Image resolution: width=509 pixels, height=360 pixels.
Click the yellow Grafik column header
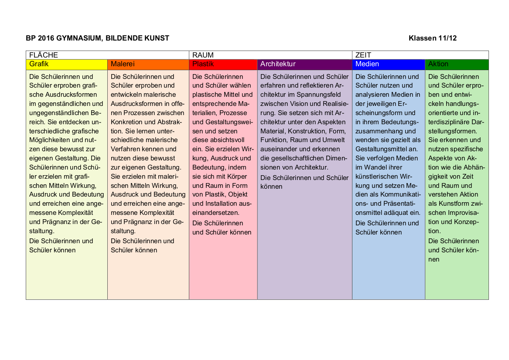coord(67,65)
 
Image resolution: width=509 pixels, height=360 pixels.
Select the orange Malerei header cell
coord(148,65)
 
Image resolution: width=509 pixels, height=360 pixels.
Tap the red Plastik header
coord(223,65)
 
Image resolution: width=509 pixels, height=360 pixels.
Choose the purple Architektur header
coord(304,65)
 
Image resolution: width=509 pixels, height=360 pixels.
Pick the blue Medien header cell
coord(388,65)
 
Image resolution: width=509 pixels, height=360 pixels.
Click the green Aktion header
coord(456,65)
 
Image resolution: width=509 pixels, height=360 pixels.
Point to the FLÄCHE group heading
coord(44,55)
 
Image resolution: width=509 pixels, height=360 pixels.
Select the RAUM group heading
coord(203,55)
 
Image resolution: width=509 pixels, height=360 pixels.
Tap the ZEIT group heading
coord(363,55)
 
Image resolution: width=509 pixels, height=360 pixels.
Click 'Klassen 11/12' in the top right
coord(433,38)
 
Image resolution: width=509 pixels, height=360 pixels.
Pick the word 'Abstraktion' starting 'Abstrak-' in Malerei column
coord(172,122)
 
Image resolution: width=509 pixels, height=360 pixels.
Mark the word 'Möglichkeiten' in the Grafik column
coord(50,140)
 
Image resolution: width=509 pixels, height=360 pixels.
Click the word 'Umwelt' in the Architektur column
coord(334,140)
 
